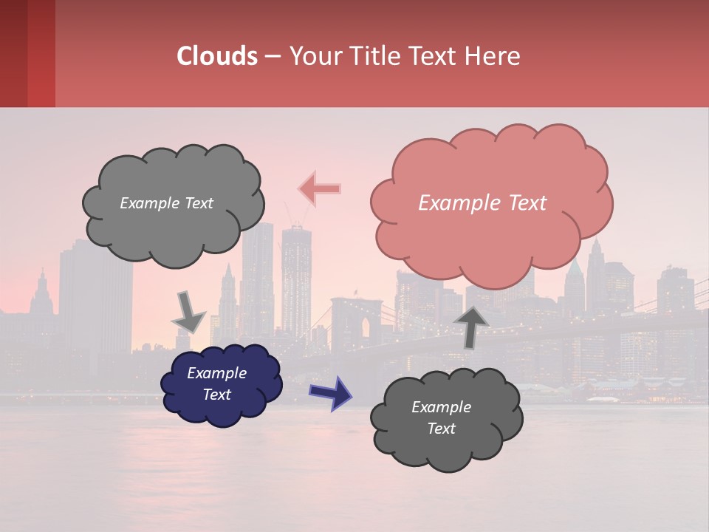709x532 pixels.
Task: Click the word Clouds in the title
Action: pos(217,56)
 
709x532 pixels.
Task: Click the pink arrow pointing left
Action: pos(319,189)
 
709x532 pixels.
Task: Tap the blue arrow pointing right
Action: pos(330,392)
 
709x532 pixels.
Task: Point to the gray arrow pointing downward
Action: pos(188,311)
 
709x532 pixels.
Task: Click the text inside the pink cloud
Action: pos(482,203)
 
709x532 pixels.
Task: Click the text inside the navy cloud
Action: pos(216,383)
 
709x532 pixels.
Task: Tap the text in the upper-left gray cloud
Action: pos(166,203)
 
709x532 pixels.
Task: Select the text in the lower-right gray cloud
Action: pos(441,417)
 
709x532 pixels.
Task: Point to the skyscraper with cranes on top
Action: pos(296,273)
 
